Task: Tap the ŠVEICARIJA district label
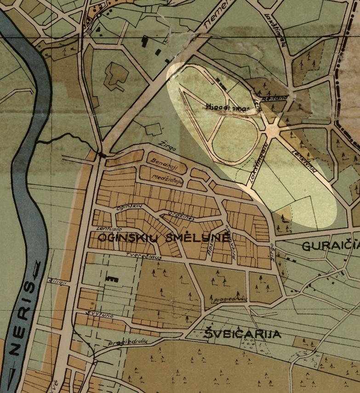pyautogui.click(x=243, y=335)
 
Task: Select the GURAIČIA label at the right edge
pyautogui.click(x=330, y=246)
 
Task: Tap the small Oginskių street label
pyautogui.click(x=128, y=208)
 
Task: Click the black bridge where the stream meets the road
pyautogui.click(x=102, y=155)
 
